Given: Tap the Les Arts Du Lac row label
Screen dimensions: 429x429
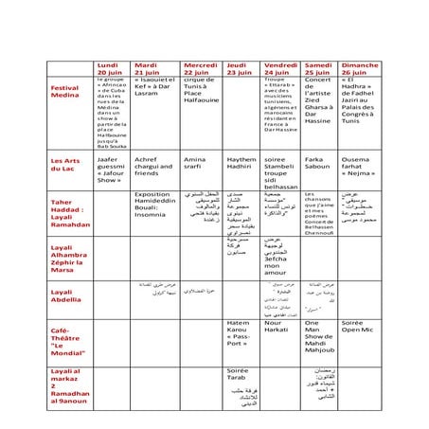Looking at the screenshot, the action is (x=66, y=165).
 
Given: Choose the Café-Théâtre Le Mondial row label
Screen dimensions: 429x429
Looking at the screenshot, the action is (x=66, y=339).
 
